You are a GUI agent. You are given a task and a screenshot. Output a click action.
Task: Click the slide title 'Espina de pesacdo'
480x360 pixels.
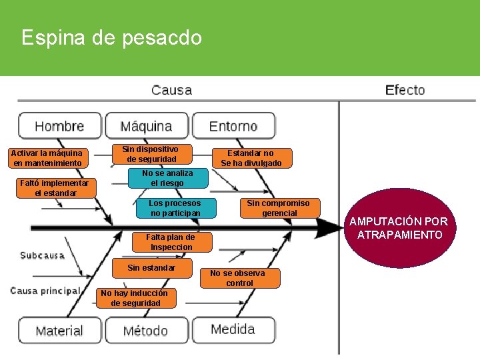tap(111, 37)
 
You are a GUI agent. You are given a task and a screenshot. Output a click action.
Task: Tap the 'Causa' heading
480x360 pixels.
tap(171, 90)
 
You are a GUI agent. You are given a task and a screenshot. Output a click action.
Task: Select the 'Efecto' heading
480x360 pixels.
tap(405, 90)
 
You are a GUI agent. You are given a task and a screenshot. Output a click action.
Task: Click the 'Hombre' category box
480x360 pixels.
tap(59, 126)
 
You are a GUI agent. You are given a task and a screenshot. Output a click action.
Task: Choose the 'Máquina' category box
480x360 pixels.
tap(146, 126)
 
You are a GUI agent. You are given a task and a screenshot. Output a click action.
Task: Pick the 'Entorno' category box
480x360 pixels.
tap(233, 126)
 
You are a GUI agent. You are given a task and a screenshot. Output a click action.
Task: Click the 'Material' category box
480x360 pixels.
tap(59, 331)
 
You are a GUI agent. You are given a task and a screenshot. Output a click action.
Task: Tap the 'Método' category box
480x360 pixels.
tap(146, 331)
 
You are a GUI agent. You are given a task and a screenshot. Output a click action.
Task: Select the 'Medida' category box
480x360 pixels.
tap(233, 329)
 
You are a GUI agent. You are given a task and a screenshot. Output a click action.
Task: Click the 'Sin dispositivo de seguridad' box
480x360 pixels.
tap(151, 154)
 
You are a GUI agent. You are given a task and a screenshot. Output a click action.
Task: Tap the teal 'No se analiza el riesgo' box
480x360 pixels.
tap(167, 178)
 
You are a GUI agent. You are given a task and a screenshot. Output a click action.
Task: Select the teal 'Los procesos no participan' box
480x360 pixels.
tap(175, 208)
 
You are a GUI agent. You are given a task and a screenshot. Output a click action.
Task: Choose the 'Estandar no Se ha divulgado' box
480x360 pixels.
tap(251, 158)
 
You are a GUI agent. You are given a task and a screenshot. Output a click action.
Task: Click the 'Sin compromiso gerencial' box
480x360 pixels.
tap(279, 208)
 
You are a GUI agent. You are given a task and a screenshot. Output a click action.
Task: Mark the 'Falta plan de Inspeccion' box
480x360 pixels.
tap(171, 242)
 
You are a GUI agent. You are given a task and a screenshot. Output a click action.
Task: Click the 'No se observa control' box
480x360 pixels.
tap(239, 278)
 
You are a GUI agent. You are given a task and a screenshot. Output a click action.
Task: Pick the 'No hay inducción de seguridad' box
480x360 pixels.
tap(135, 298)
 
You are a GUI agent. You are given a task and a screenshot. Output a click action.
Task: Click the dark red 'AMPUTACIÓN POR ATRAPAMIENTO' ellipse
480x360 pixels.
tap(399, 227)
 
